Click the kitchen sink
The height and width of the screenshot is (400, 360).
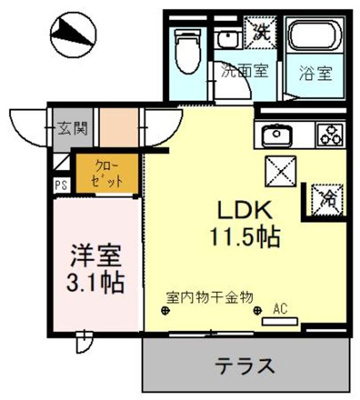tap(274, 135)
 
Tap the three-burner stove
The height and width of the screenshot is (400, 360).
tap(329, 135)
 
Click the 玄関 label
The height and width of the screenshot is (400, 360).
tap(72, 129)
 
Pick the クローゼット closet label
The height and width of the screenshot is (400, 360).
tap(107, 173)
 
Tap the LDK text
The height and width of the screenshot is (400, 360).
tap(243, 211)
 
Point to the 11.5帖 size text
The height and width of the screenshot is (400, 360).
tap(243, 238)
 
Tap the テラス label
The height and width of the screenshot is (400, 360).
tap(245, 366)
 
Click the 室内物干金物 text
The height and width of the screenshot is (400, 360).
tap(210, 297)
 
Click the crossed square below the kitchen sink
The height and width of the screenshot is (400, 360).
tap(280, 171)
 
